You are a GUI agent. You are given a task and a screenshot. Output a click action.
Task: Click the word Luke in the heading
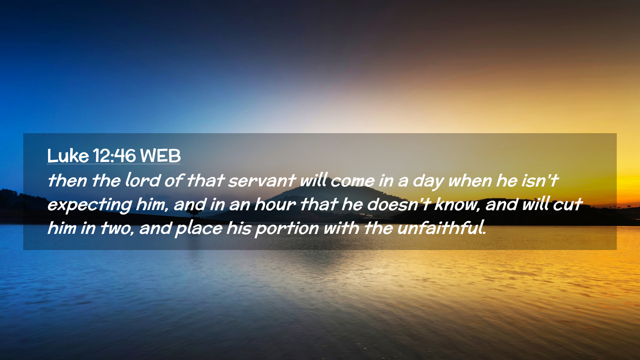tap(68, 156)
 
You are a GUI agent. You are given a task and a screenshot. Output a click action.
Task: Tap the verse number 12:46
tap(114, 156)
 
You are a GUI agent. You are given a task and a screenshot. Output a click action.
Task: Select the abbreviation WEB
tap(160, 156)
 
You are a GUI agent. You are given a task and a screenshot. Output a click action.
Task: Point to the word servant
tap(262, 181)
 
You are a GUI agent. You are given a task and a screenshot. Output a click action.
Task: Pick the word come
tap(353, 181)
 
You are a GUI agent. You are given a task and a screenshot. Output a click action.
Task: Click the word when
tap(470, 180)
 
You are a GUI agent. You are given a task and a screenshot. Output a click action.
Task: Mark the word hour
tap(275, 204)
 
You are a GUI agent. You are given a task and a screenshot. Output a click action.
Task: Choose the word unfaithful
tap(442, 228)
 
